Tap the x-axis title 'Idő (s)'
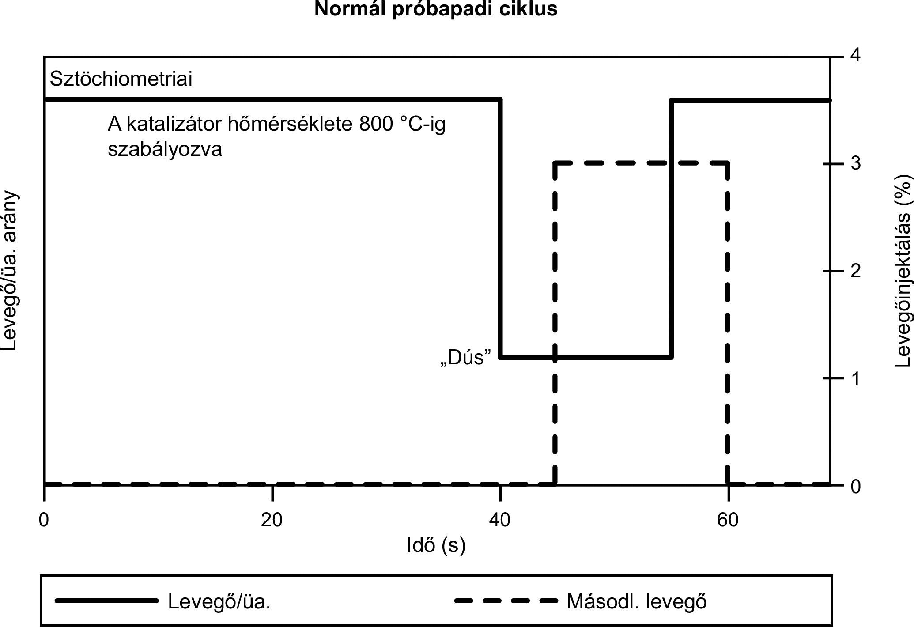436,545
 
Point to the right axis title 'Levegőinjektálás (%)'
903,271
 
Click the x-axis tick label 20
272,520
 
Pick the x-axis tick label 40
499,520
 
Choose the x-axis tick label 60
728,520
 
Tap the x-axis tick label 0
44,520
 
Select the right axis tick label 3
856,163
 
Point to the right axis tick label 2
856,271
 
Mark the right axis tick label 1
856,378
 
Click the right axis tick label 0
856,486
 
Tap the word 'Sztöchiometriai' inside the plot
121,79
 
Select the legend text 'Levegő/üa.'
219,601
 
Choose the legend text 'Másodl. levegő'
637,601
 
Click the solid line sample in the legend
106,601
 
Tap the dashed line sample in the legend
506,601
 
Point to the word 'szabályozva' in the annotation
165,149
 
